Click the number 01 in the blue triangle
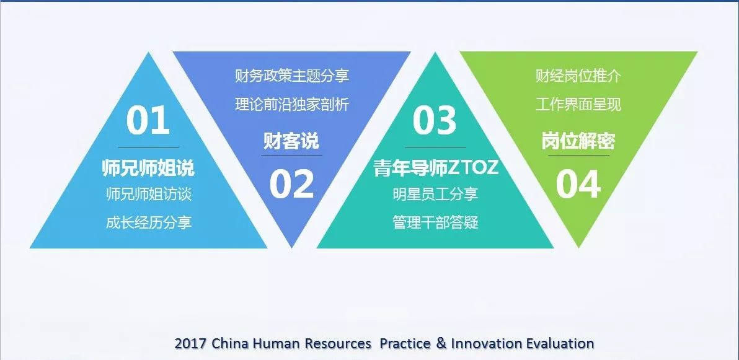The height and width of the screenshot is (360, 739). tap(148, 120)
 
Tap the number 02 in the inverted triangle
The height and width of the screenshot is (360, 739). tap(292, 184)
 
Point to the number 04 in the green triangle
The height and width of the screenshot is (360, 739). tap(578, 184)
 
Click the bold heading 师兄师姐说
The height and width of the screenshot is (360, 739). tap(148, 168)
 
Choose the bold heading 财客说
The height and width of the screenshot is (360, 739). tap(291, 141)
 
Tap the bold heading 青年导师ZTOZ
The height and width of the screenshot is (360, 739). tap(436, 168)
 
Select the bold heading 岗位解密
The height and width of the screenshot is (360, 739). tap(578, 141)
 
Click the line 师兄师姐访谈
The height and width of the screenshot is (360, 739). tap(149, 194)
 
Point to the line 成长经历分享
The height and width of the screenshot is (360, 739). tap(149, 222)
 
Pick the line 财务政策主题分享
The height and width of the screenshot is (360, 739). tap(292, 76)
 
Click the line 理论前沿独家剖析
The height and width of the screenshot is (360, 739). tap(292, 104)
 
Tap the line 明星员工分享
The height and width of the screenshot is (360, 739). tap(435, 194)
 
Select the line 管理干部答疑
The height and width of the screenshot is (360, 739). tap(435, 222)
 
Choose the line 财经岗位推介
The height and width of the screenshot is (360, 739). tap(578, 76)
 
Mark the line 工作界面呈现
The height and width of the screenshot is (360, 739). tap(578, 104)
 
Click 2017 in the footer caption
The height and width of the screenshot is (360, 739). tap(190, 343)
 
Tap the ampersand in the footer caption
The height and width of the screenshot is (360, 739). tap(441, 343)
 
